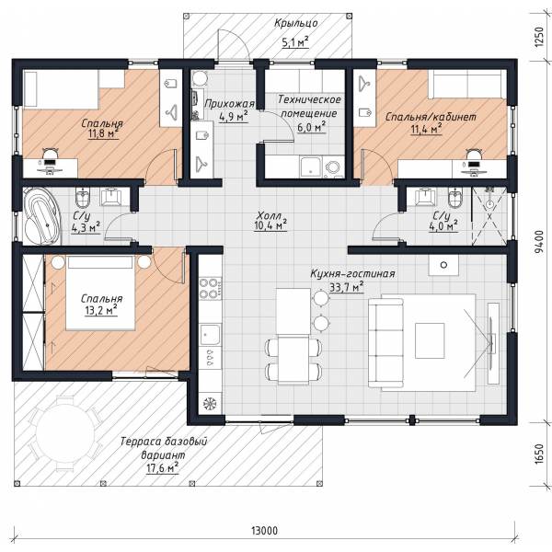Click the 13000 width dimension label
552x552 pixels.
[264, 530]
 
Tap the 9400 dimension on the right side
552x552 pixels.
[539, 242]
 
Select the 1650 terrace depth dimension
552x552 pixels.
[539, 454]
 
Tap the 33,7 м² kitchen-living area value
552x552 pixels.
[347, 287]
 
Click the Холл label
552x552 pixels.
[270, 215]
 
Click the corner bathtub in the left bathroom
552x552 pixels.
[42, 217]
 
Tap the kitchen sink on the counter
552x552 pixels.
[210, 335]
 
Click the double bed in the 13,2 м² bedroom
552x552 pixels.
[100, 293]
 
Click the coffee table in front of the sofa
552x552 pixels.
[430, 340]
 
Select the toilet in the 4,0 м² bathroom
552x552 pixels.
[455, 199]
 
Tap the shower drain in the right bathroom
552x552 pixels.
[489, 204]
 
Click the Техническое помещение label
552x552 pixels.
[309, 107]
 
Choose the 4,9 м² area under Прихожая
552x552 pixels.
[233, 117]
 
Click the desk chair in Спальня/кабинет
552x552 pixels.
[474, 155]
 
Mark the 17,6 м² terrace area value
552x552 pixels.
[162, 468]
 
